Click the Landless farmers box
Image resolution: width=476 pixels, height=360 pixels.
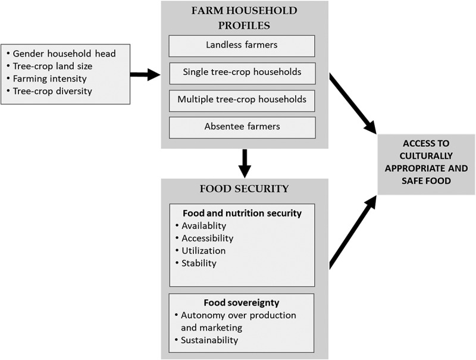pos(241,46)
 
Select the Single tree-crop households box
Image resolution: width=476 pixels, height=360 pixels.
pos(241,73)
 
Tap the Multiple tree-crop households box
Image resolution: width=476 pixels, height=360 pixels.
pos(241,99)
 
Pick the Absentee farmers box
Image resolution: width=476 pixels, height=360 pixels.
pos(241,126)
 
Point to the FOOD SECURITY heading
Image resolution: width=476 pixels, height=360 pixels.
pos(244,189)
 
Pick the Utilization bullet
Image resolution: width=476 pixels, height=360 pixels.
pos(203,251)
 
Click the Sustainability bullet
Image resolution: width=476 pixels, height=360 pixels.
pos(210,340)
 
